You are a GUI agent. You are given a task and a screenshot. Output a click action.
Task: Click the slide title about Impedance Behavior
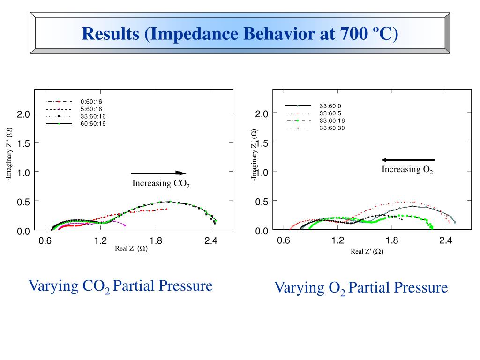tap(240, 34)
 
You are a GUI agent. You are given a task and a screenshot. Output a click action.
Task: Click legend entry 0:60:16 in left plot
tap(91, 102)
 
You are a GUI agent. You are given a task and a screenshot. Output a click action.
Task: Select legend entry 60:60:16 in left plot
tap(93, 124)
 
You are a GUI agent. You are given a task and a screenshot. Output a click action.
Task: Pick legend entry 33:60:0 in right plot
tap(330, 106)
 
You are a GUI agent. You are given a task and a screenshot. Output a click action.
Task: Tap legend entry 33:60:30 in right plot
tap(332, 128)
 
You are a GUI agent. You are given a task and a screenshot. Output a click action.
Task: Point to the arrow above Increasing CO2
tap(158, 173)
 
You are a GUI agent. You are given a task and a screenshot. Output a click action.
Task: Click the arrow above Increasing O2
tap(408, 160)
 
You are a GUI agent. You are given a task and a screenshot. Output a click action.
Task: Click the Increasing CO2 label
tap(161, 183)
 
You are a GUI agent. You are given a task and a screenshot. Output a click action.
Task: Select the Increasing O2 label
tap(407, 170)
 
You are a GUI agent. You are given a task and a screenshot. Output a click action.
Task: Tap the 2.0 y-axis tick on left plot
tap(23, 114)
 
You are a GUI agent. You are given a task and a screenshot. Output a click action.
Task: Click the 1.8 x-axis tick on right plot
tap(392, 240)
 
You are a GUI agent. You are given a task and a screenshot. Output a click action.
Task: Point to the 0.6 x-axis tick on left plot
tap(45, 241)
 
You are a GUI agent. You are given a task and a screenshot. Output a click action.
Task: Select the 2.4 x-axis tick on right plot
tap(446, 240)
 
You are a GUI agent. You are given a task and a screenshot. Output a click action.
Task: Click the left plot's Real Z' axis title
tap(131, 248)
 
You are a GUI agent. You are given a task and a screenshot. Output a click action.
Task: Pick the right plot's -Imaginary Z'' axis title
tap(254, 154)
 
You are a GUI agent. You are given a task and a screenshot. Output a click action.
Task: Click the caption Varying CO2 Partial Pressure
tap(120, 285)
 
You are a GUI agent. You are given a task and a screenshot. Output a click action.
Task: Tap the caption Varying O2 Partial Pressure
tap(360, 287)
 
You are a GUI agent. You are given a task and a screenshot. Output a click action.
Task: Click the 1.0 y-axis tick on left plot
tap(23, 172)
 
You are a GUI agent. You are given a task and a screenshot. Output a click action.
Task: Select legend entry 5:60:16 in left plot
tap(91, 109)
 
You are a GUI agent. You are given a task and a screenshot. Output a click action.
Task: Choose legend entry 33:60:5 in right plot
tap(330, 113)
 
